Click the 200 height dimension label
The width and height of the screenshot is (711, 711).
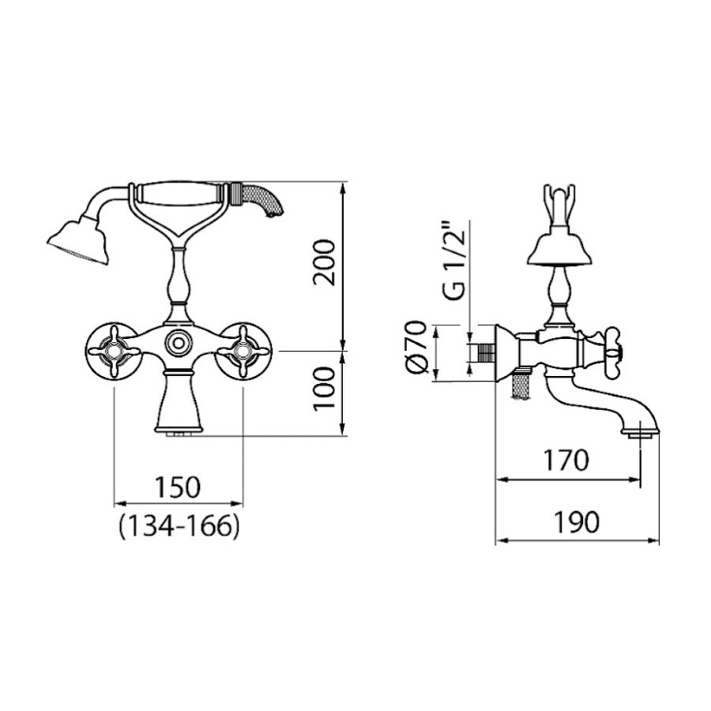pos(325,262)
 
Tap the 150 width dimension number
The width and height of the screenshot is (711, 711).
pos(178,487)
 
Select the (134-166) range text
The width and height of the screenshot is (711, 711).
pos(179,526)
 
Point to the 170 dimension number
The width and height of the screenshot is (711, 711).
pos(566,460)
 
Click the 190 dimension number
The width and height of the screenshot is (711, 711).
pos(577,522)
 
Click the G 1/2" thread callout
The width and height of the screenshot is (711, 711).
pos(454,260)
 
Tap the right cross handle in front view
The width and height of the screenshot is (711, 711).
pos(243,351)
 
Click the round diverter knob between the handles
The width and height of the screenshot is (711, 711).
pos(177,342)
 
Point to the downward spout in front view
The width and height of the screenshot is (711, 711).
pos(178,402)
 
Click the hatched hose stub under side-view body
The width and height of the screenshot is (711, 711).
pos(521,386)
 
